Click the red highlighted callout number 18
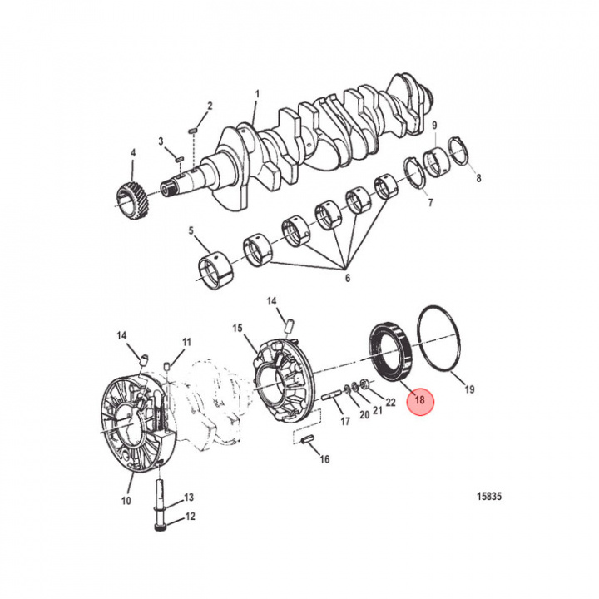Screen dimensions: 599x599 [x=419, y=400]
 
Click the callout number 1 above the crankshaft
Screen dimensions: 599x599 [x=257, y=95]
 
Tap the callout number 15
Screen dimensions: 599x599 [x=237, y=330]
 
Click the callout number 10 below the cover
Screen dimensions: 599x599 [x=126, y=501]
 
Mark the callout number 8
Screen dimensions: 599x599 [x=478, y=178]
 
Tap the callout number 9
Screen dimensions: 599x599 [x=434, y=126]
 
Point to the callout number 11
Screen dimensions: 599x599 [x=186, y=342]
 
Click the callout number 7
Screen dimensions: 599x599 [x=430, y=203]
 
